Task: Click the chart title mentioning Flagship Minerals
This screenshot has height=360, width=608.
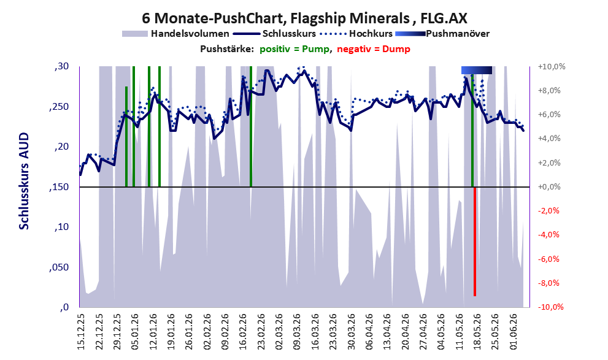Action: click(304, 18)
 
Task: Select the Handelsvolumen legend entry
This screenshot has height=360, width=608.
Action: click(175, 34)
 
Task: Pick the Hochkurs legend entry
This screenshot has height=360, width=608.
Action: click(356, 34)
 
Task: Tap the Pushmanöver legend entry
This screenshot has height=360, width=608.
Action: click(442, 34)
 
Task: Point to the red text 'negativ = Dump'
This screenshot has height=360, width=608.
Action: click(374, 49)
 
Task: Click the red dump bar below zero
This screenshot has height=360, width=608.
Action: click(475, 242)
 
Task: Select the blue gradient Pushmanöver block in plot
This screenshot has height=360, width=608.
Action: click(477, 70)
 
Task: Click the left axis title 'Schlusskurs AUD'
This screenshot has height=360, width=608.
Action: click(24, 181)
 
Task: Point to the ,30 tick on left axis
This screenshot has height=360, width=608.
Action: click(62, 67)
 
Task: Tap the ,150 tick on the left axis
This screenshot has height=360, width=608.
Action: click(60, 187)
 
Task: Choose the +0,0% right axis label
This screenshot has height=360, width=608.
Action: click(549, 187)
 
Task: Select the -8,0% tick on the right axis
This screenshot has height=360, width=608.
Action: click(549, 283)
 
